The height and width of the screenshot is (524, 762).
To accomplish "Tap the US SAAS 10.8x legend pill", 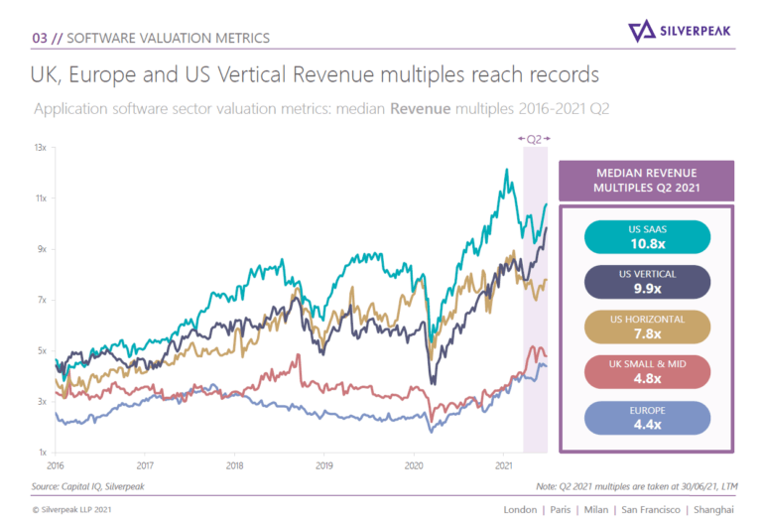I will point(647,237).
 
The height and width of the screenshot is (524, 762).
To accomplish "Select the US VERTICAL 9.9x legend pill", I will point(647,282).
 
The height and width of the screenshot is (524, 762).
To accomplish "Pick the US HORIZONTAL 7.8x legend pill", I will point(647,327).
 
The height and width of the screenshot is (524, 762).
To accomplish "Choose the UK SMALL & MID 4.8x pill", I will point(647,371).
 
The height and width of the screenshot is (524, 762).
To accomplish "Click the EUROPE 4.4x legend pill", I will point(647,416).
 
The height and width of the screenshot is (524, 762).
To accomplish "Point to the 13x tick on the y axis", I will point(41,147).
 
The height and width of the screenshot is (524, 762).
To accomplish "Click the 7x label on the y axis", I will point(41,300).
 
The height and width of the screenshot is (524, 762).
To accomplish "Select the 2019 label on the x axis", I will point(324,463).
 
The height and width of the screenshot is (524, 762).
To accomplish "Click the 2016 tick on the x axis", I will point(56,463).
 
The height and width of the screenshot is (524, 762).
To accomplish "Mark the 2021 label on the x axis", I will point(503,463).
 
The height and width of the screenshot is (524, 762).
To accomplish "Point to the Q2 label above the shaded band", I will point(534,139).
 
